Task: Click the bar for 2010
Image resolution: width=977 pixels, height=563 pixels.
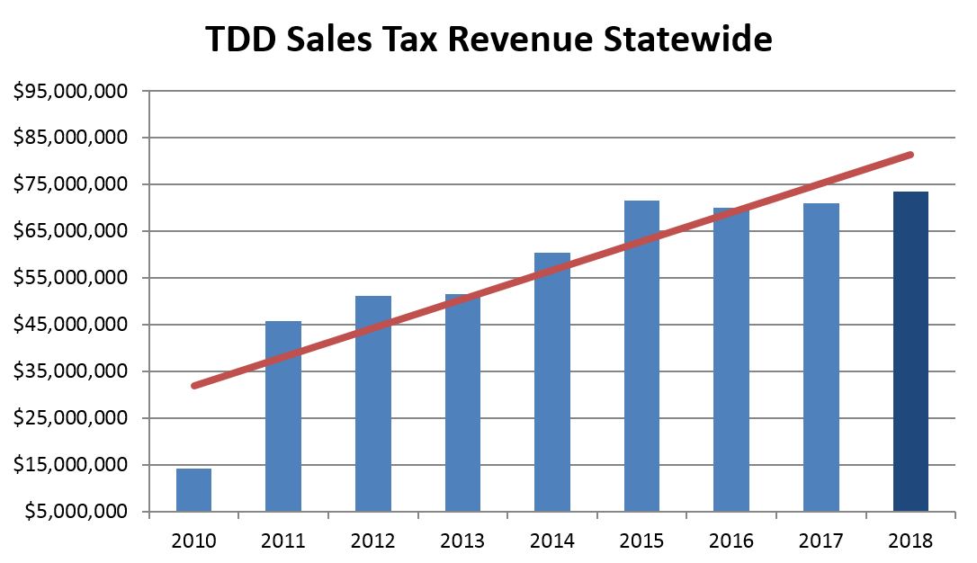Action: [193, 490]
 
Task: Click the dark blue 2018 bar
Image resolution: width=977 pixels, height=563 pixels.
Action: [910, 352]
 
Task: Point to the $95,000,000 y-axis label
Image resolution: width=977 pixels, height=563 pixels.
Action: [71, 91]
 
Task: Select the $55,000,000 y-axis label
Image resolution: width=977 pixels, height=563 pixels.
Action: [71, 278]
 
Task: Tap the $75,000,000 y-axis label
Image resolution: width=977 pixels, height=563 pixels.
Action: [71, 184]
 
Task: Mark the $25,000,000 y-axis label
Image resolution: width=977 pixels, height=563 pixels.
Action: [71, 418]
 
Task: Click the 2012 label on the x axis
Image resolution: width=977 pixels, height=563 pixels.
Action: [373, 541]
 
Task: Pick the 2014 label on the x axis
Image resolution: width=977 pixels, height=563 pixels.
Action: [552, 541]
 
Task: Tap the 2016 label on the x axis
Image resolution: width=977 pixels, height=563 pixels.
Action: [731, 541]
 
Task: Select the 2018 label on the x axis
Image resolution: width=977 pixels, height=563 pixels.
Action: [910, 541]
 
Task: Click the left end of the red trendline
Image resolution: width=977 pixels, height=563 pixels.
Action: [194, 385]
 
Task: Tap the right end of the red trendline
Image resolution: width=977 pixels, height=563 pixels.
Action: [910, 155]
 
